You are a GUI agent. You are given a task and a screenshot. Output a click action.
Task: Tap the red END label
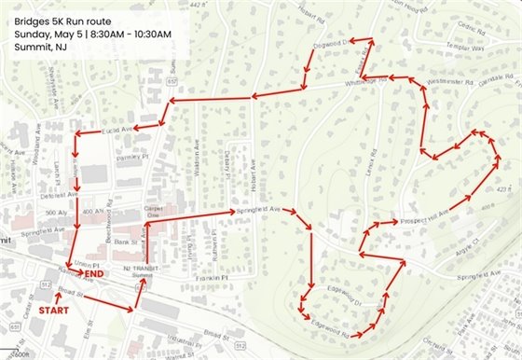point(94,275)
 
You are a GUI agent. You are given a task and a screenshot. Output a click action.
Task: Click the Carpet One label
point(154,211)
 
